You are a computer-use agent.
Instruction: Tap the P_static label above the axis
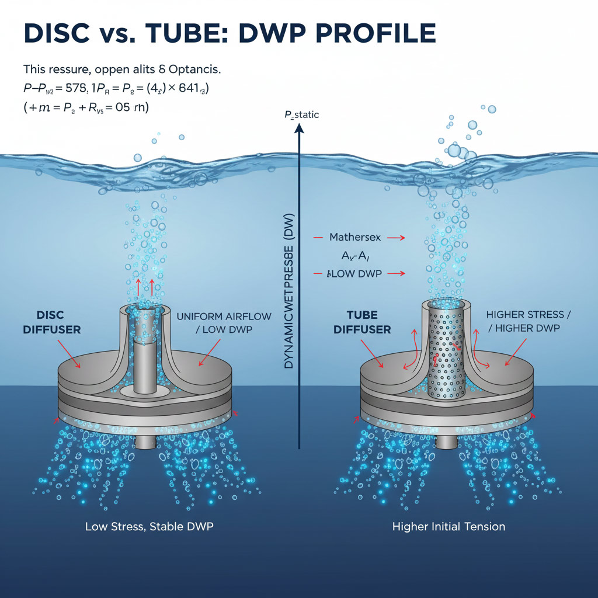301,115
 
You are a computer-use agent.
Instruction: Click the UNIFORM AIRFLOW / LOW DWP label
224,323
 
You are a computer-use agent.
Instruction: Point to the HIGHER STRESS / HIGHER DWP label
529,322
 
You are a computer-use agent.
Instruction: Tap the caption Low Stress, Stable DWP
149,526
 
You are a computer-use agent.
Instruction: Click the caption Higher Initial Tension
448,526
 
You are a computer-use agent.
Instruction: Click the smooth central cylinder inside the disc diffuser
143,362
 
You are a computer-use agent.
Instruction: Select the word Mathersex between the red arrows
356,238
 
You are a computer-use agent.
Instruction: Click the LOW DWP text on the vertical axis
356,273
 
